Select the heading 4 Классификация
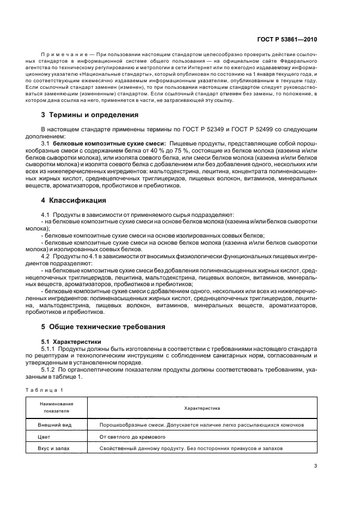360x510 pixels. (74, 201)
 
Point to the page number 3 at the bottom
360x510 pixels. (316, 466)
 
